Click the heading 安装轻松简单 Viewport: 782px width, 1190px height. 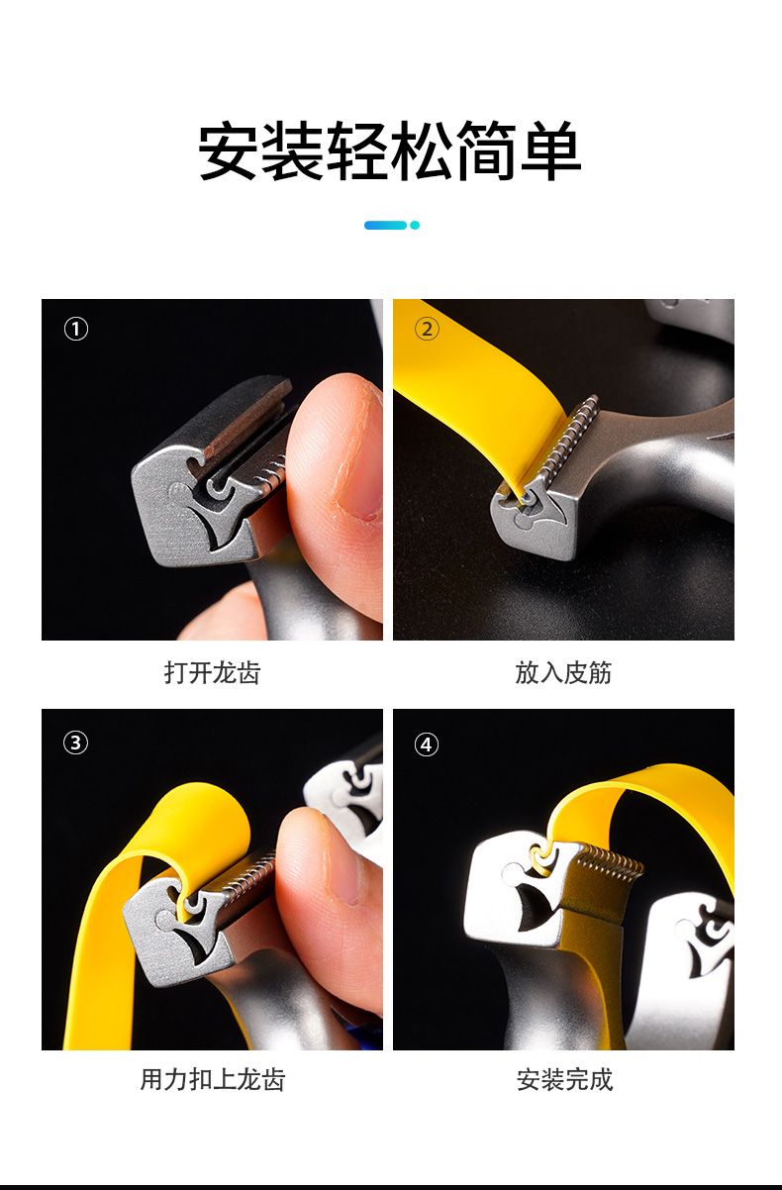pos(389,150)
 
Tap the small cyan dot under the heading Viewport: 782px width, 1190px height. pos(415,226)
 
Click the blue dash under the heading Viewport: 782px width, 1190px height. pos(385,226)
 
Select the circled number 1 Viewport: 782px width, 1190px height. pos(76,330)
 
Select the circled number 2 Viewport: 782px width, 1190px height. pos(427,330)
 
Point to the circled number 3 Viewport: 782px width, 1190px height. pos(75,743)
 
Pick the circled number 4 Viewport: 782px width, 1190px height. pos(427,744)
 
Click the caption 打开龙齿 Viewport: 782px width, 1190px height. pos(213,672)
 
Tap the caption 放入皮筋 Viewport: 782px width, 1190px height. pos(563,672)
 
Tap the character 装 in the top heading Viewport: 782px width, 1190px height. pos(294,150)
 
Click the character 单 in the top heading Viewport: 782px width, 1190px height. pos(550,150)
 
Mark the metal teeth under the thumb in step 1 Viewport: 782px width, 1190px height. pos(272,474)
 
